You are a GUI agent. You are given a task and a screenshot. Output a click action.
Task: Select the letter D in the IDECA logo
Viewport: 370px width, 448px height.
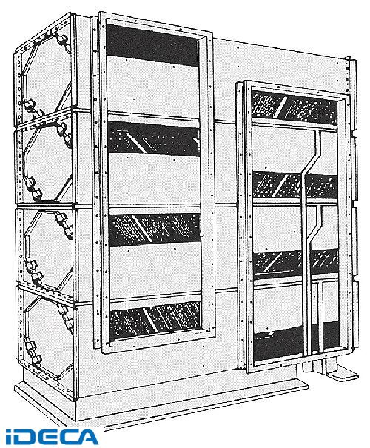click(29, 437)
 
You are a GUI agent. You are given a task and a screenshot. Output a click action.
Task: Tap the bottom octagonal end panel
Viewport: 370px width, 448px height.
click(47, 337)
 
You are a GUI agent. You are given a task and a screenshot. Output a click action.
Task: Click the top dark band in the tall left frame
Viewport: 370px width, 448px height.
click(152, 45)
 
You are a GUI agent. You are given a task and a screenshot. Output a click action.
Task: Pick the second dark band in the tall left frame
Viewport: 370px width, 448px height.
click(154, 138)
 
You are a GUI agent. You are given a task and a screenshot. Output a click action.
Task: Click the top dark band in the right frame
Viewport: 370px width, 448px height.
click(294, 104)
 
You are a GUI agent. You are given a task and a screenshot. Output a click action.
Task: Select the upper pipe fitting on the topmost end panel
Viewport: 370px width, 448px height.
click(62, 39)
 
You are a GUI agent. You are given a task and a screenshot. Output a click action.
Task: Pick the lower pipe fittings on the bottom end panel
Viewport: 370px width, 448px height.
click(32, 354)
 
